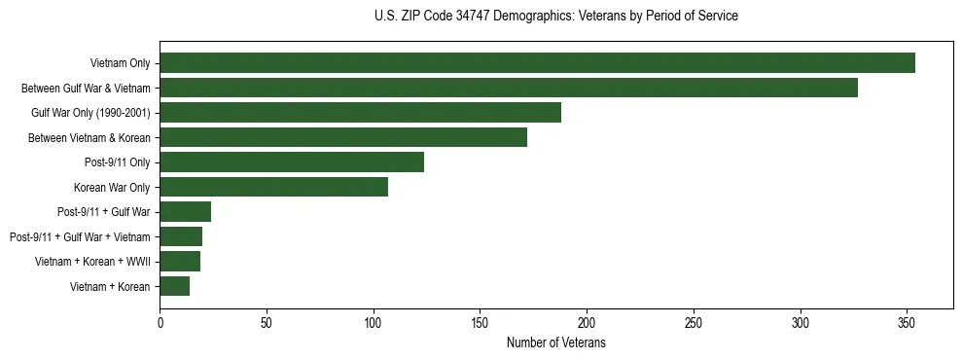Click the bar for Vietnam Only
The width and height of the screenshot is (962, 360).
tap(537, 63)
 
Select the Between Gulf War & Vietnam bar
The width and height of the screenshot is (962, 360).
tap(509, 88)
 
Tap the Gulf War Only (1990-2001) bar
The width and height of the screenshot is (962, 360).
tap(360, 113)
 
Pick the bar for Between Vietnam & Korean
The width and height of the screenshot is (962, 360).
tap(343, 137)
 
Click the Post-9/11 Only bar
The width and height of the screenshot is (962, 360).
tap(292, 162)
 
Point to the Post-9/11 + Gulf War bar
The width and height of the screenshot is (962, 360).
tap(185, 212)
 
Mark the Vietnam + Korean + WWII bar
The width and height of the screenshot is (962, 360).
tap(180, 262)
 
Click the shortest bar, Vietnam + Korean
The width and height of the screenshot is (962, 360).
tap(174, 286)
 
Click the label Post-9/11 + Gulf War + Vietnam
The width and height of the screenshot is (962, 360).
tap(80, 236)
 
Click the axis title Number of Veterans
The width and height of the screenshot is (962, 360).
tap(556, 342)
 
